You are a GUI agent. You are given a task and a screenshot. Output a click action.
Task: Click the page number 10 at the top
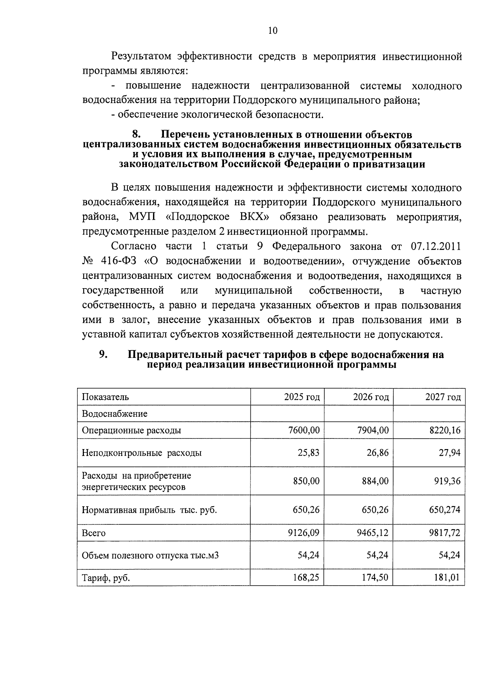(x=273, y=31)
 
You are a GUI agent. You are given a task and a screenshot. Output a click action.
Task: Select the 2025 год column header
(x=302, y=397)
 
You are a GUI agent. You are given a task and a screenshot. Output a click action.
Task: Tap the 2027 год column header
(x=443, y=397)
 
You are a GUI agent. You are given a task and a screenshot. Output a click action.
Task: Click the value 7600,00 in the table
(x=304, y=430)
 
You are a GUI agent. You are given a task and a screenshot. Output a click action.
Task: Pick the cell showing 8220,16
(x=445, y=430)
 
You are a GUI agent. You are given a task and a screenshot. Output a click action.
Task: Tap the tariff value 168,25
(x=306, y=577)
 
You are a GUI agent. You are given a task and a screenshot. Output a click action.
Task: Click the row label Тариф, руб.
(x=106, y=578)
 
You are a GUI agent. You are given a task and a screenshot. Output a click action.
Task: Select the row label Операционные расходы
(x=131, y=430)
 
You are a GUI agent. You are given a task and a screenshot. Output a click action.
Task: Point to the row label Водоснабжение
(x=114, y=414)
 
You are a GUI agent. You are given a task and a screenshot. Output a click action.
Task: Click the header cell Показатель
(x=106, y=397)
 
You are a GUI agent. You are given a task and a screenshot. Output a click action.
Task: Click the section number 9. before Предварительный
(x=103, y=354)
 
